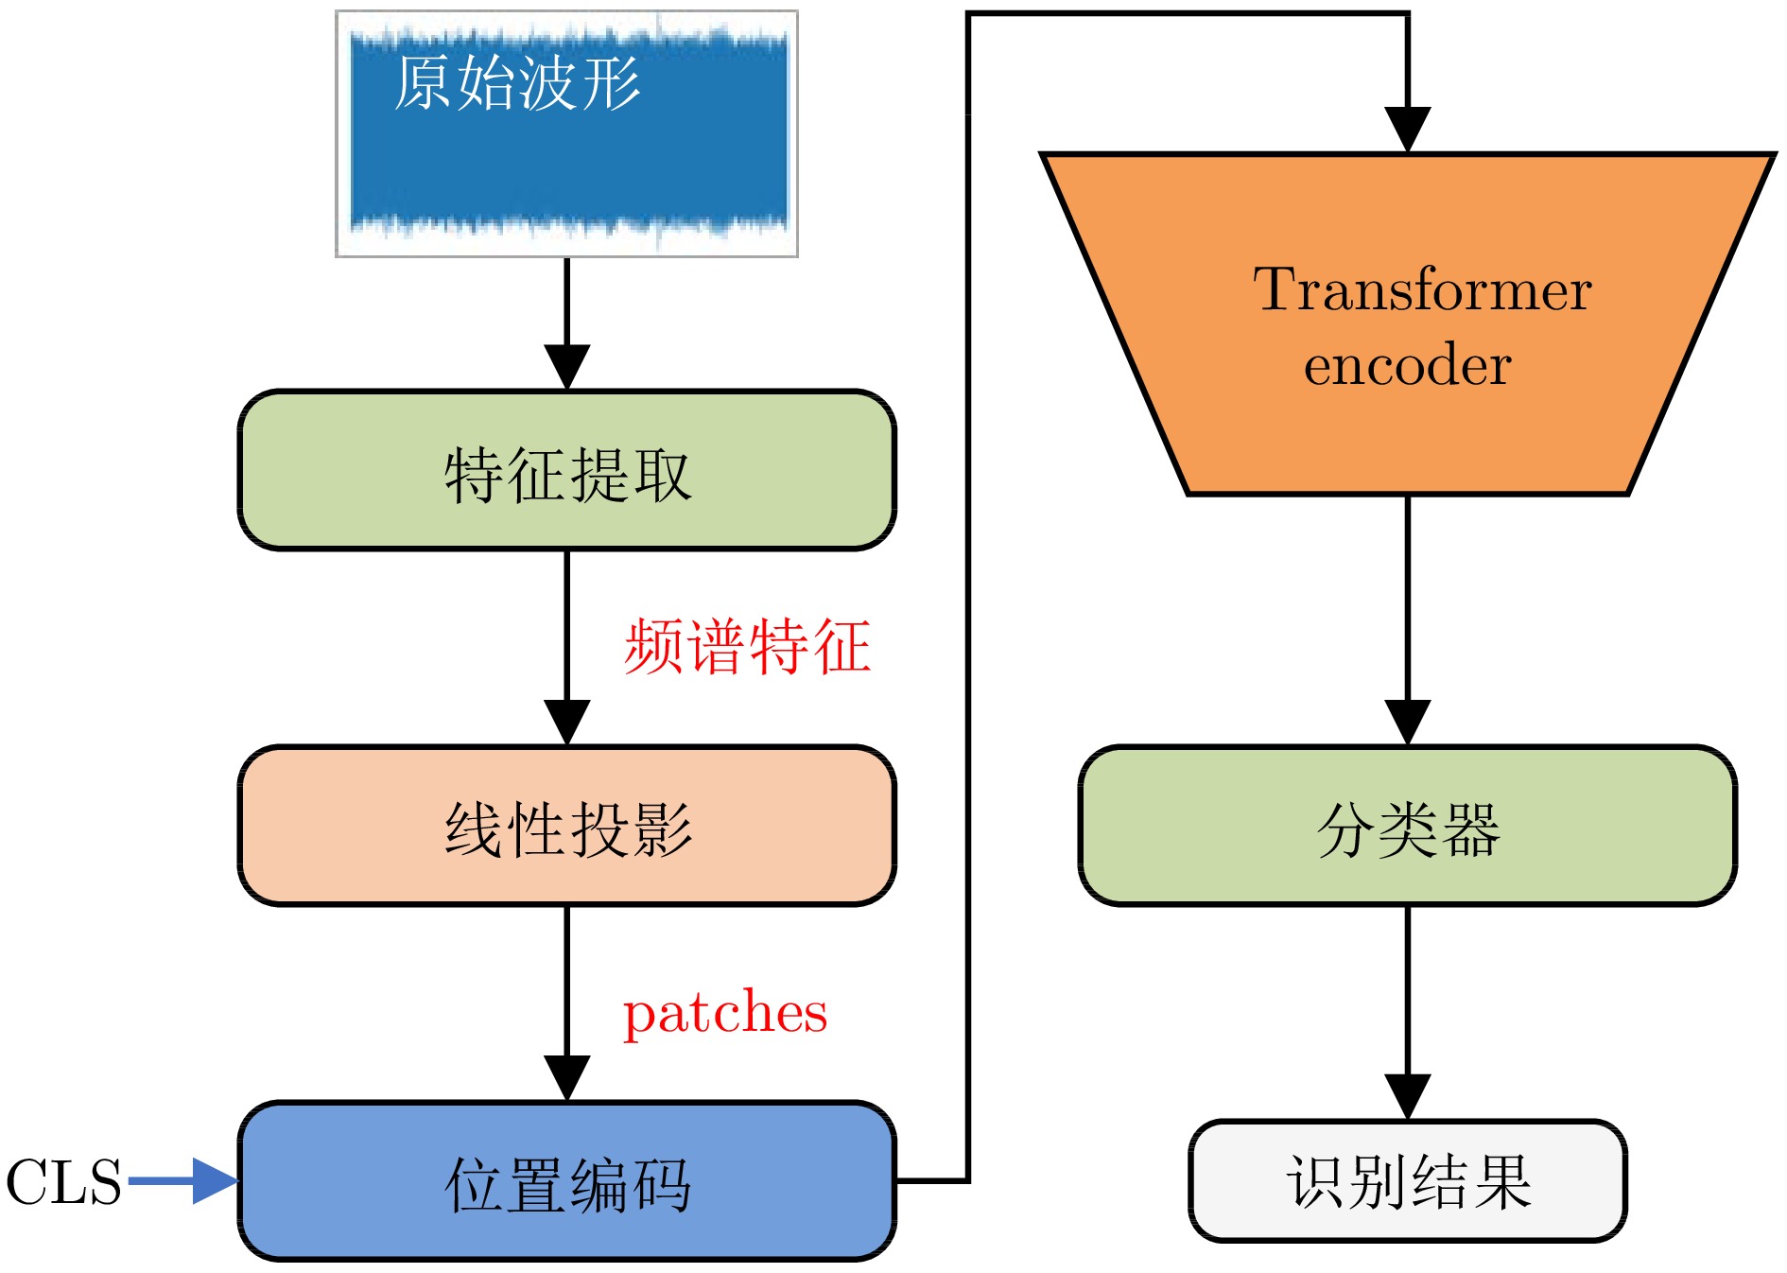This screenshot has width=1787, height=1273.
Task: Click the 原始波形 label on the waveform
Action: [517, 83]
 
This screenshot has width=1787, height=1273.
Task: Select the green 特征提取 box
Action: [567, 470]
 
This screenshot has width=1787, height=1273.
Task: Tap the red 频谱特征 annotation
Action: [747, 647]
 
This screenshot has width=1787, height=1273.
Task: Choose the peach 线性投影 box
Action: [567, 826]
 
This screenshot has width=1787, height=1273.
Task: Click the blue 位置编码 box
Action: [567, 1181]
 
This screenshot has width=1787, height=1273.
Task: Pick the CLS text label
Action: [64, 1182]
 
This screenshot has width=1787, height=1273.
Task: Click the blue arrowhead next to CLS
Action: [216, 1181]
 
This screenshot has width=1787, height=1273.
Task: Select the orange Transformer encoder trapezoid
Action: [1408, 323]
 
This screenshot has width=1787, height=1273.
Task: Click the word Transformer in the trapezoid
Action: [1422, 289]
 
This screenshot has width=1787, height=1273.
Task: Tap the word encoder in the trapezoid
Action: [1408, 365]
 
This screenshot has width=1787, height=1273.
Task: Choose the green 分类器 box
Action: [1408, 826]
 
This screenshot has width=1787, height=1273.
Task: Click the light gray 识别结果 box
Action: [1408, 1181]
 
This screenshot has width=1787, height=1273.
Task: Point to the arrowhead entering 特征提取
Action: [567, 368]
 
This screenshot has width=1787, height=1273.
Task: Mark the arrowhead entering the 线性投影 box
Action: [567, 724]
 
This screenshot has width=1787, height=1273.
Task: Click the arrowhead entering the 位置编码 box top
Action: [567, 1079]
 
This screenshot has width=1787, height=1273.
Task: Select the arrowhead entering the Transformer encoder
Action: [1408, 130]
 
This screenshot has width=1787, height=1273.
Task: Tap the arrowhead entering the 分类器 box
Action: [1408, 724]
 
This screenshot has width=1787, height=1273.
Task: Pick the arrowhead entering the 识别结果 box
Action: [1408, 1098]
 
